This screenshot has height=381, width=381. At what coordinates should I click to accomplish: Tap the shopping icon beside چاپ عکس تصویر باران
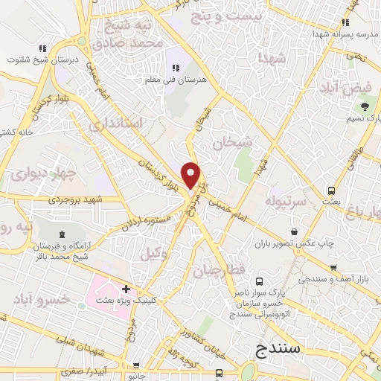[296, 231]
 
